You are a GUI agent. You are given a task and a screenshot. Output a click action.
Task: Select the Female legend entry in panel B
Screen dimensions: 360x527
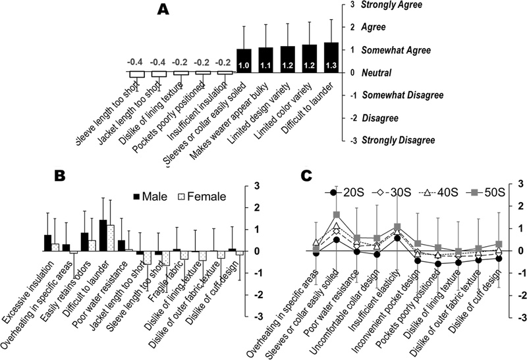201,195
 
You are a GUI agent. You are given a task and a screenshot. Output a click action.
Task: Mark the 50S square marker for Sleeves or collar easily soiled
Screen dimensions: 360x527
337,215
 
